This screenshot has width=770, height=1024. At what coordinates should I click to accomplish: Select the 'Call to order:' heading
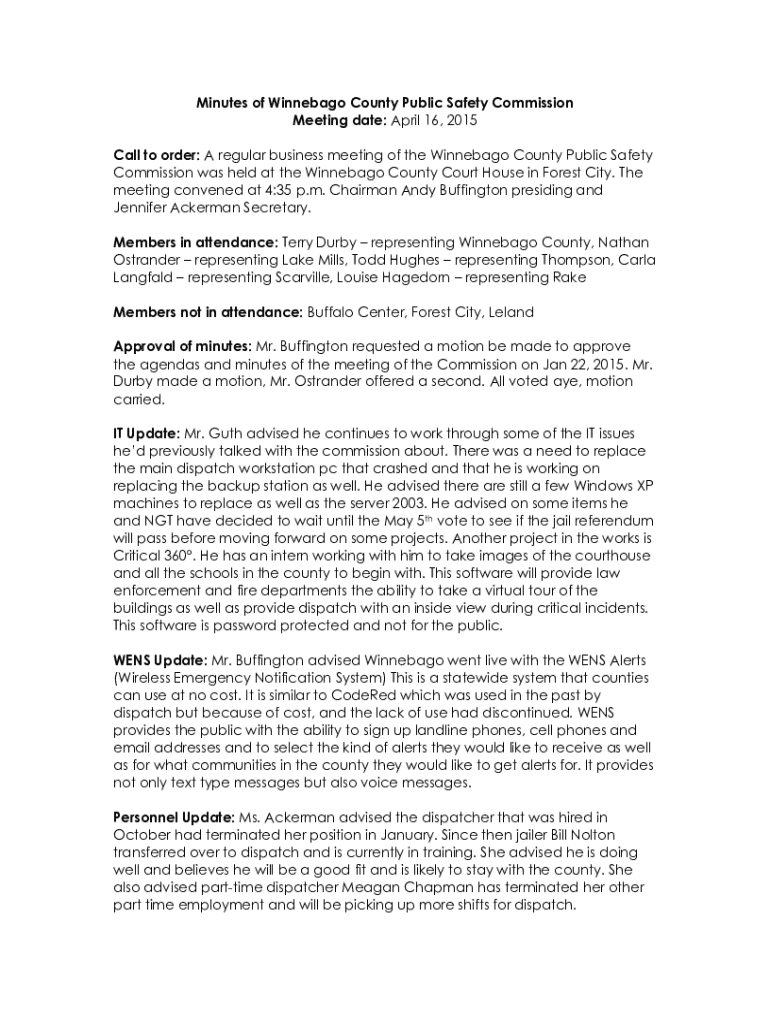click(x=156, y=155)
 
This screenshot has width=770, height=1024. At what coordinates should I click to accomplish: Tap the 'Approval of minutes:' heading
click(x=183, y=346)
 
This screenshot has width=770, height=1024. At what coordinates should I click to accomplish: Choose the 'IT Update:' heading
click(x=146, y=433)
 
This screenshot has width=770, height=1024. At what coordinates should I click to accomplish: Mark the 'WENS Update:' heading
click(x=160, y=660)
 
